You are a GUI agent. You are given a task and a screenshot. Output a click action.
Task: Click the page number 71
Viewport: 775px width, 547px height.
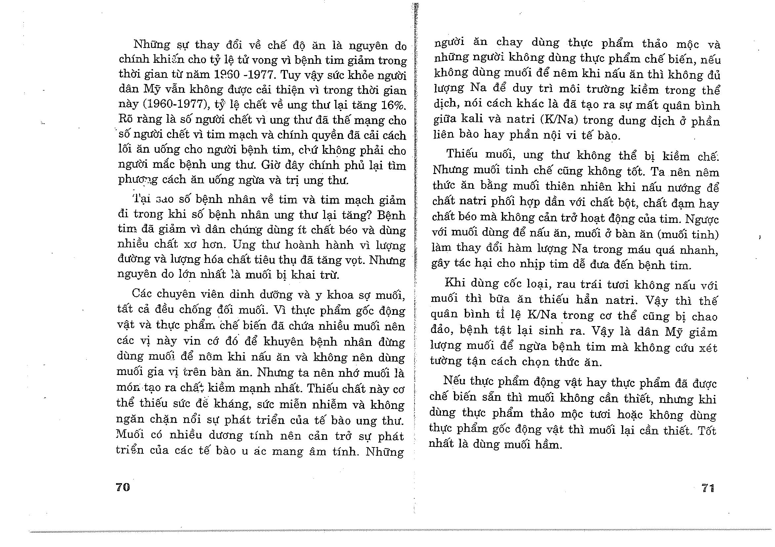[708, 488]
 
